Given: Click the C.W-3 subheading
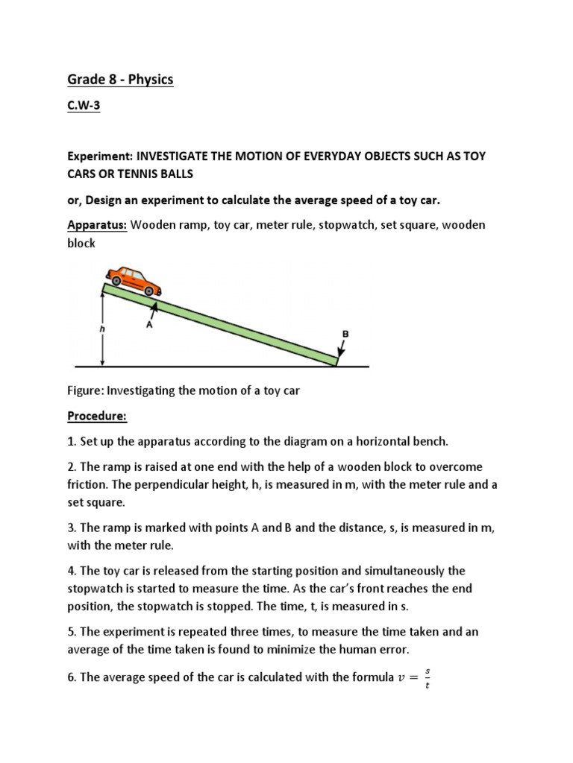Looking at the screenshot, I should [84, 107].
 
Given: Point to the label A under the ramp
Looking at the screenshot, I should [148, 325].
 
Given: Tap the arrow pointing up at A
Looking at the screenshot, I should [155, 307].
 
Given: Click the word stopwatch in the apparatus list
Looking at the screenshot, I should [336, 226].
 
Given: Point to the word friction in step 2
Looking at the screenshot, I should [87, 484].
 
